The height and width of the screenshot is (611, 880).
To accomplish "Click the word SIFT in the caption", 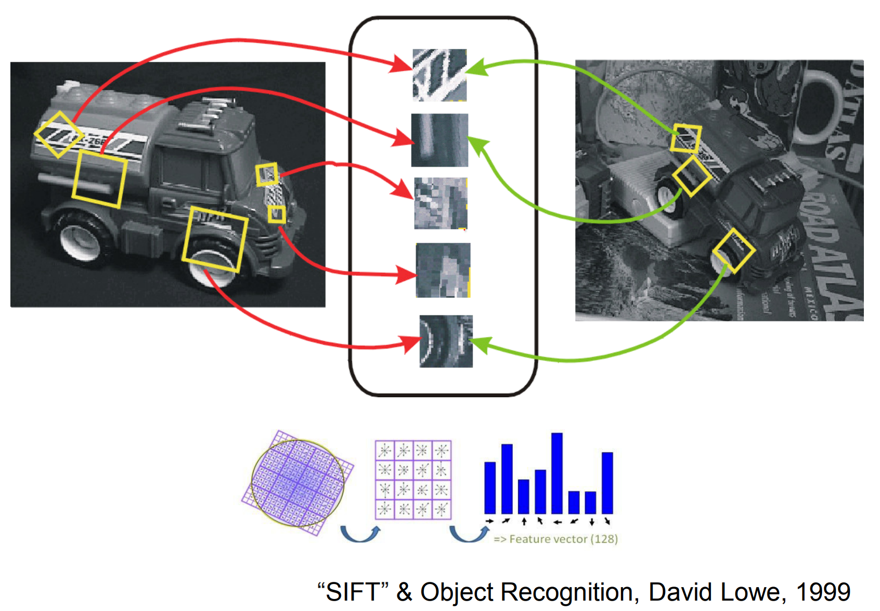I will (353, 592).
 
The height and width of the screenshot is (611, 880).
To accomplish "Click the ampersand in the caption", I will (404, 592).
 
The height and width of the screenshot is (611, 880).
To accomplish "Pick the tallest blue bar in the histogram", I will (557, 473).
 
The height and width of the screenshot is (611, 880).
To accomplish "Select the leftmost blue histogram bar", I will (490, 487).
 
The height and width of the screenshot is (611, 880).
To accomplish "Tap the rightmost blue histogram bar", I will (607, 483).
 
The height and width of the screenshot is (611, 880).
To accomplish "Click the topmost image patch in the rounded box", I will (439, 75).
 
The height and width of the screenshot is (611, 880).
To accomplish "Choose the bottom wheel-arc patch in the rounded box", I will (446, 341).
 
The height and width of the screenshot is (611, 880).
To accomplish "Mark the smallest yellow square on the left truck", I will (276, 214).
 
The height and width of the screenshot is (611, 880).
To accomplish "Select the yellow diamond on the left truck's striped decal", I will (59, 134).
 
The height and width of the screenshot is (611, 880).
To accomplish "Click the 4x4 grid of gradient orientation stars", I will (413, 479).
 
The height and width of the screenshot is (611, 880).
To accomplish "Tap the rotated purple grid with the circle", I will (298, 483).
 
